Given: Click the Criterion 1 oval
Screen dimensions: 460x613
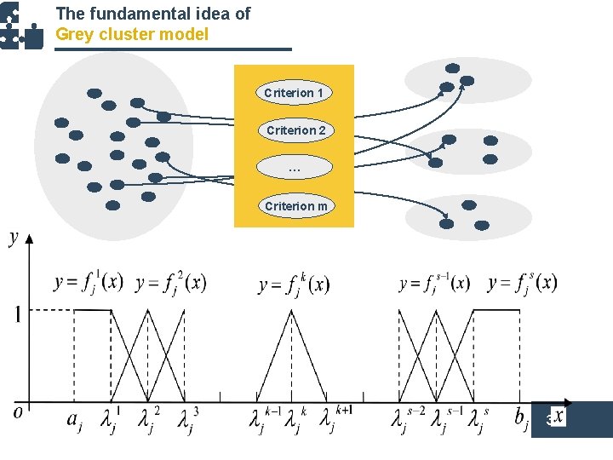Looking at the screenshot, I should coord(294,92).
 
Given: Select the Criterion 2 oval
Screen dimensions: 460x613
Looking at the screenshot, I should coord(295,130).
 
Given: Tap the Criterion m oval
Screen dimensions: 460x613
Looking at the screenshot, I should coord(295,206).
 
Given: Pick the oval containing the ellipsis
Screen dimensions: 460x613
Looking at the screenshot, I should coord(294,168).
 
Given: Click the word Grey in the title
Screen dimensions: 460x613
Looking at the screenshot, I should coord(74,34).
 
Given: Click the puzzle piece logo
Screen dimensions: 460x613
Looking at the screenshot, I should coord(20,26).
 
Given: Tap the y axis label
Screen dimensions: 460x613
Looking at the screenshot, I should coord(14,239).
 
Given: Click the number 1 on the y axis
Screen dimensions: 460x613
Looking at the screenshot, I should coord(17,314).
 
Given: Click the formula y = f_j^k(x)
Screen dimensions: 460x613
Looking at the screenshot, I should coord(294,284).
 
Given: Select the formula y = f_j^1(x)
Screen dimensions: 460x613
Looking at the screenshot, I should coord(89,281).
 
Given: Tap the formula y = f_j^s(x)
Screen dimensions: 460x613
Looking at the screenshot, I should coord(523,281).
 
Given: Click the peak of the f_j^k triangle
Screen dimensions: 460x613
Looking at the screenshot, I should coord(292,310).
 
